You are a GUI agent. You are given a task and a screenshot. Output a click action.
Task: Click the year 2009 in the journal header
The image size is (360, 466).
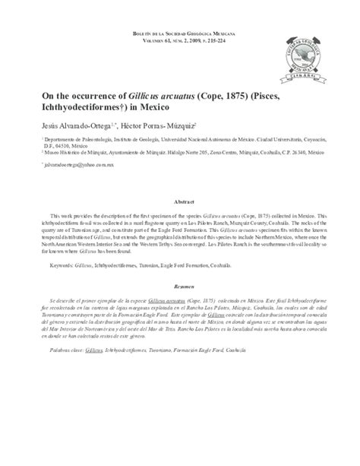click(x=189, y=43)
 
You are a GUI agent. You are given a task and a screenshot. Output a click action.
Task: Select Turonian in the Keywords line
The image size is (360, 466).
click(x=169, y=265)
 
